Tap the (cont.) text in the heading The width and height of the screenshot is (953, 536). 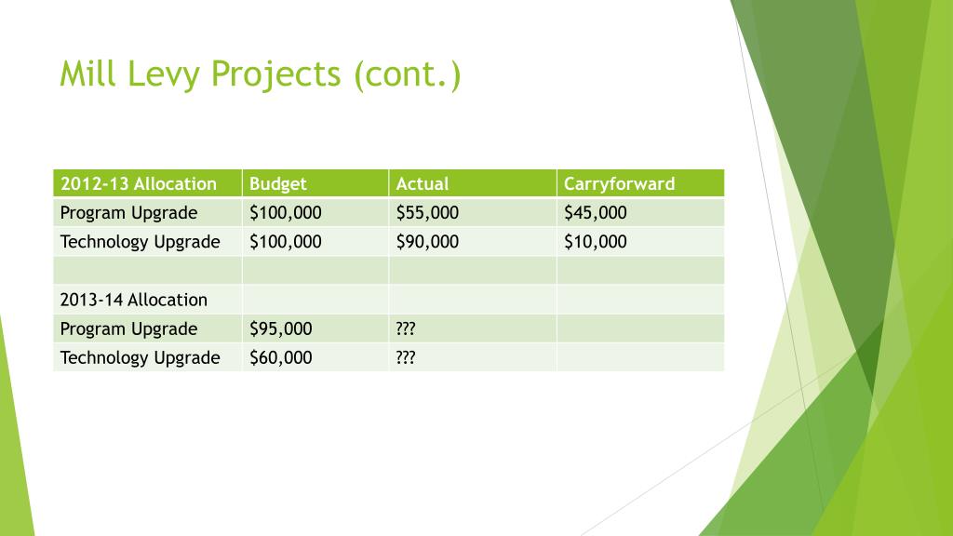407,74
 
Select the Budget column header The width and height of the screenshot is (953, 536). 277,183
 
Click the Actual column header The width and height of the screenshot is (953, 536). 422,183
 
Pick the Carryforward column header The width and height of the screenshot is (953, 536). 619,183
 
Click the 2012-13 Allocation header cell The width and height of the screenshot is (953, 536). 138,183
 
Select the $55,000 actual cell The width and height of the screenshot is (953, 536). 427,212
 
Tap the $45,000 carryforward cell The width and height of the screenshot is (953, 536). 596,212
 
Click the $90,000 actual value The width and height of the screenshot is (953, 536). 427,242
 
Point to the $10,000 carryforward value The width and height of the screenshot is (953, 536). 596,242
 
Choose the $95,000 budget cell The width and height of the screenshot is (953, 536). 280,328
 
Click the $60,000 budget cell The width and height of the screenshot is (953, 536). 280,357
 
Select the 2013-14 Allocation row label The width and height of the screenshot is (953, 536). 133,300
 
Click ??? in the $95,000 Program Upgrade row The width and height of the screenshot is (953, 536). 405,328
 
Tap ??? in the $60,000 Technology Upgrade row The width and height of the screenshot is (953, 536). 405,357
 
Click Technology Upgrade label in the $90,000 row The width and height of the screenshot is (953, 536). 140,242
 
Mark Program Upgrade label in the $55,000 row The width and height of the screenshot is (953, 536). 128,212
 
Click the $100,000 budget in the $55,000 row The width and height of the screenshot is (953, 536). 285,212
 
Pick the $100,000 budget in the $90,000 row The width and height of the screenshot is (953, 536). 285,242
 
